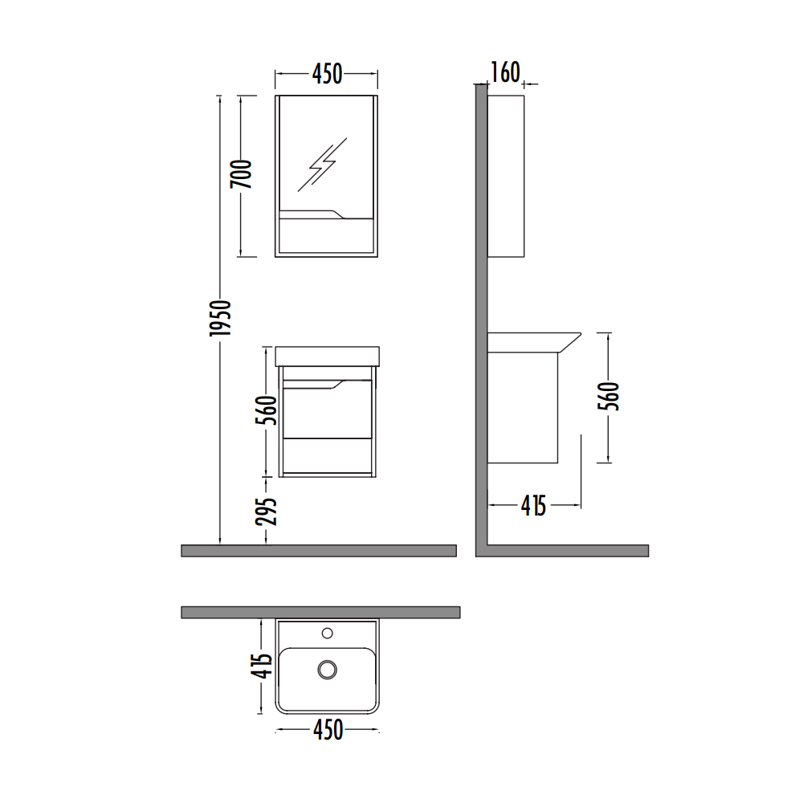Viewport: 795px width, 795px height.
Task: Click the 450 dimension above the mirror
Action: click(x=327, y=75)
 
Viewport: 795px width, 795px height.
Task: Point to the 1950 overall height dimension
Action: click(x=221, y=317)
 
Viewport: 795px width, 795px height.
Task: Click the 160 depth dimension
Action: click(x=505, y=72)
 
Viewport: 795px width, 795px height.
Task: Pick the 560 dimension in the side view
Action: click(x=609, y=397)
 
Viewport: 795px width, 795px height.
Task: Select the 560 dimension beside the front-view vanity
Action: click(x=269, y=410)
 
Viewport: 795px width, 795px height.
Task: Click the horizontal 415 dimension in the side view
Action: click(x=533, y=505)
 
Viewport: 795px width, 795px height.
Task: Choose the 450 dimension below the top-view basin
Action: click(x=327, y=730)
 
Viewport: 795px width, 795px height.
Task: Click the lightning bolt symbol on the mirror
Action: click(x=323, y=164)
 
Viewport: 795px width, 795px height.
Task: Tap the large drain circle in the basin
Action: click(x=327, y=669)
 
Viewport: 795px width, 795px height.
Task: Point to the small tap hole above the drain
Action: click(x=327, y=634)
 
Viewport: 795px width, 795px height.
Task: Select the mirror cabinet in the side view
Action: click(x=506, y=176)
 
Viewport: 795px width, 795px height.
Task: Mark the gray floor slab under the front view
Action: click(x=319, y=550)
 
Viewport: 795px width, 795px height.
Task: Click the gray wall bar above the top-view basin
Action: click(x=320, y=612)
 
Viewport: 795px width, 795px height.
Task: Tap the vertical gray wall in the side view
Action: click(x=482, y=321)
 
